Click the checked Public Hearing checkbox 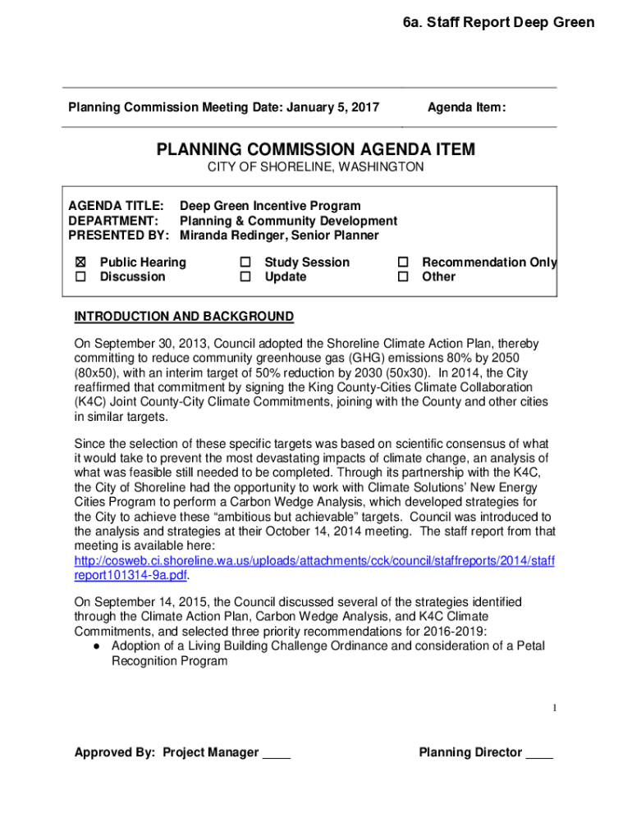pyautogui.click(x=80, y=262)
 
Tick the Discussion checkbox pyautogui.click(x=80, y=277)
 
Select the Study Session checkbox pyautogui.click(x=245, y=262)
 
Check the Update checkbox pyautogui.click(x=245, y=277)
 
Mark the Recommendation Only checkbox pyautogui.click(x=403, y=262)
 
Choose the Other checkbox pyautogui.click(x=403, y=277)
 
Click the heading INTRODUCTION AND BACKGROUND pyautogui.click(x=184, y=317)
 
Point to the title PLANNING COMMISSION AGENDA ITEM pyautogui.click(x=315, y=150)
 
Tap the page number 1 pyautogui.click(x=555, y=708)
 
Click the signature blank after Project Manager pyautogui.click(x=276, y=753)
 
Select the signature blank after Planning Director pyautogui.click(x=539, y=753)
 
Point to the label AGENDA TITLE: pyautogui.click(x=115, y=206)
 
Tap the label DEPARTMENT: pyautogui.click(x=112, y=221)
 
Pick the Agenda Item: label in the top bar pyautogui.click(x=466, y=107)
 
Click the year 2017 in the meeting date pyautogui.click(x=364, y=107)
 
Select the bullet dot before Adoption pyautogui.click(x=97, y=646)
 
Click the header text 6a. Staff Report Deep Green pyautogui.click(x=498, y=22)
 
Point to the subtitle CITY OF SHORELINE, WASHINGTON pyautogui.click(x=315, y=167)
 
